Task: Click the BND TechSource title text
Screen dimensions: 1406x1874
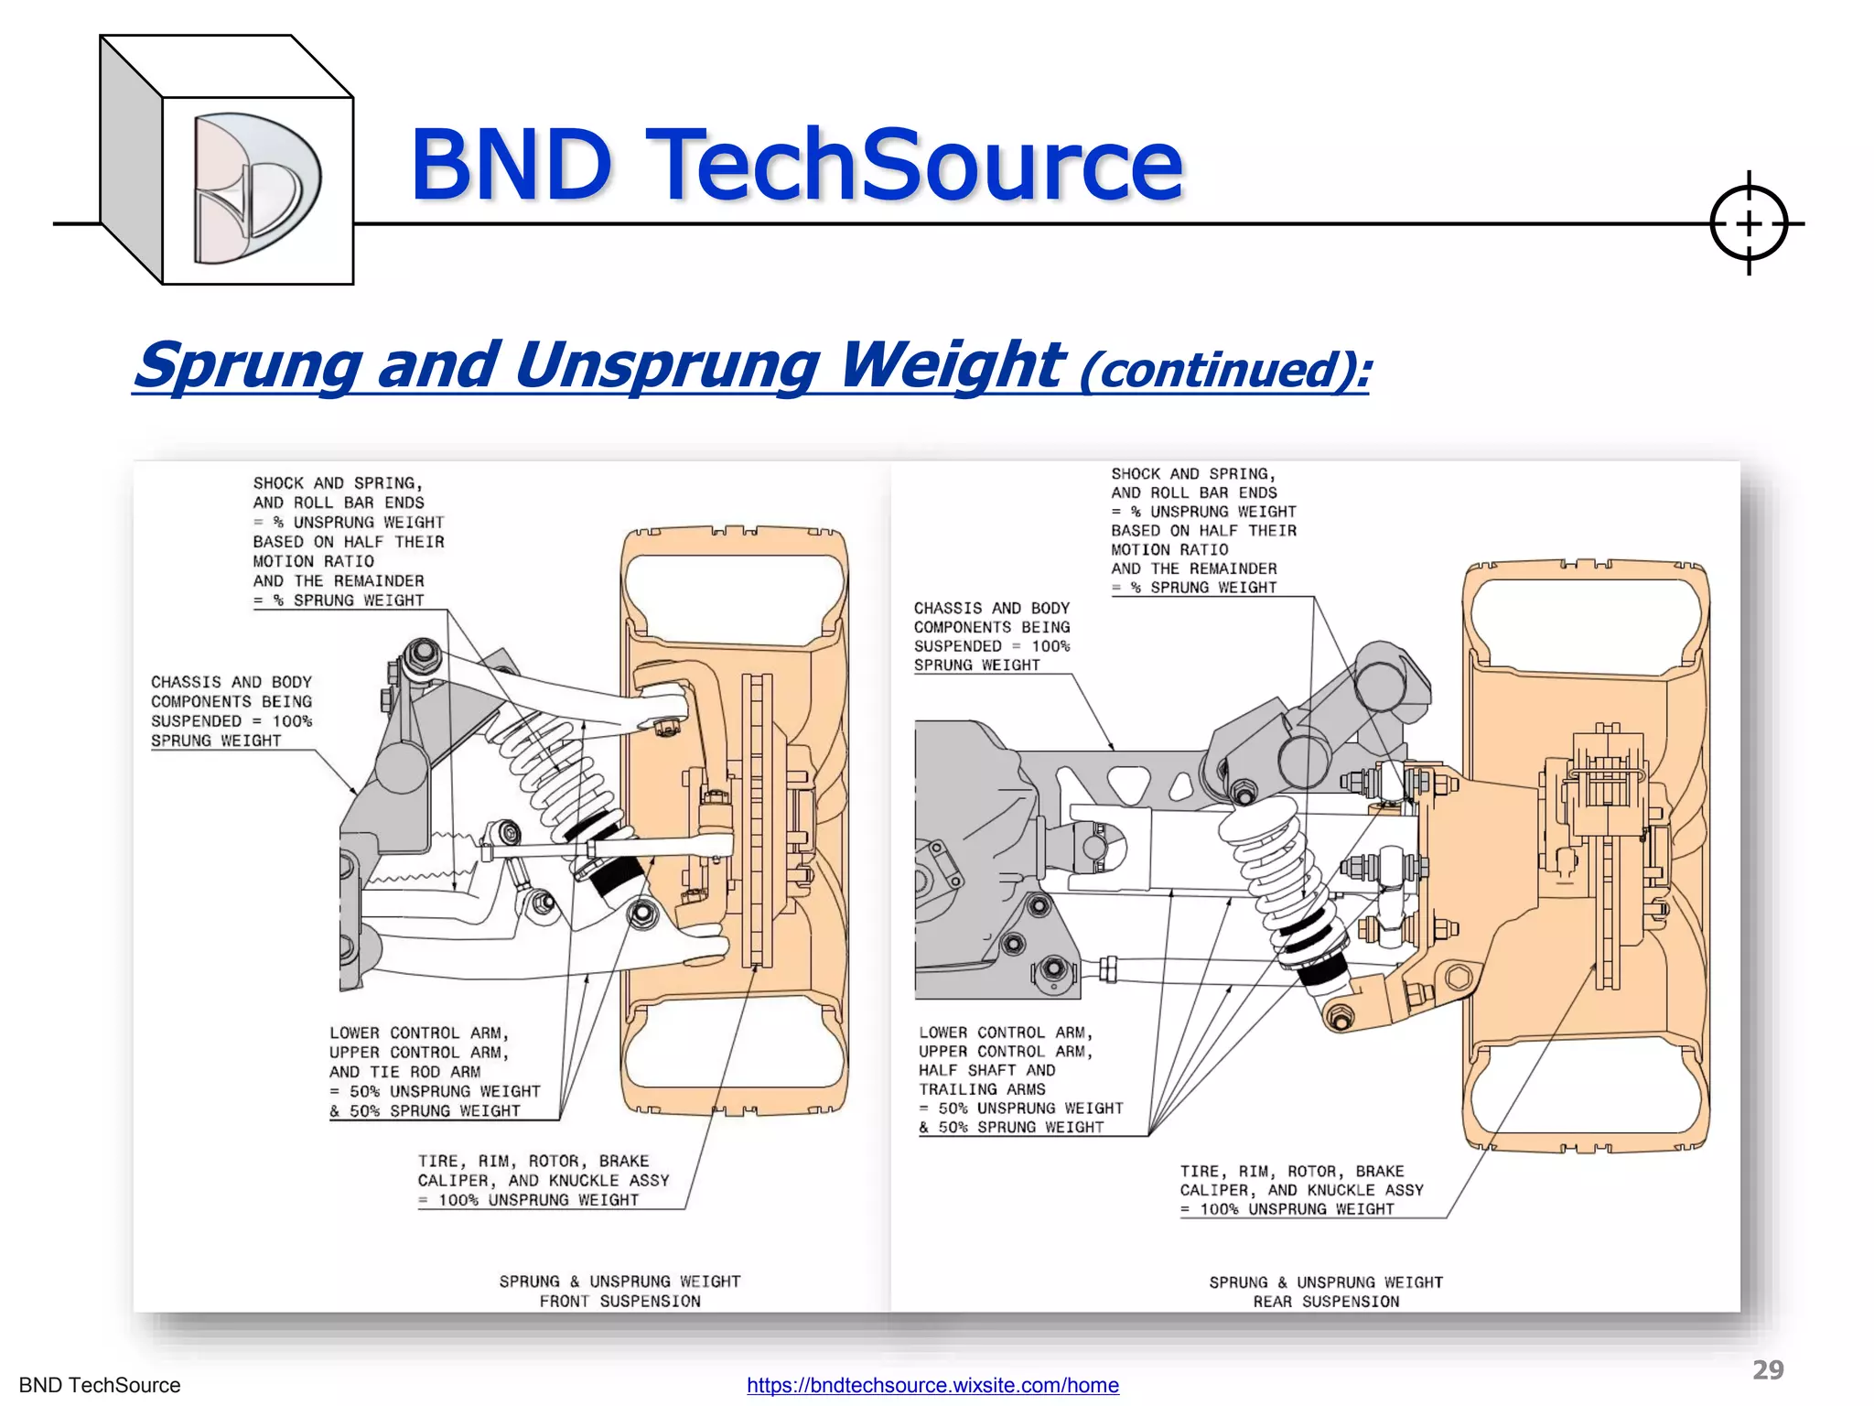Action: pyautogui.click(x=796, y=165)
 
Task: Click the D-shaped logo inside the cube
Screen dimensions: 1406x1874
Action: pyautogui.click(x=256, y=188)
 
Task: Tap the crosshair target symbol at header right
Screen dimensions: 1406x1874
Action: pyautogui.click(x=1748, y=223)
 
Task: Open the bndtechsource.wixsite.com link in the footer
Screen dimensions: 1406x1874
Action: pyautogui.click(x=932, y=1385)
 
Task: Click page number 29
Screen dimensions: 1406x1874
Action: pyautogui.click(x=1768, y=1369)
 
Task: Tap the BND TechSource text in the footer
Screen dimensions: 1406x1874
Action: pyautogui.click(x=100, y=1385)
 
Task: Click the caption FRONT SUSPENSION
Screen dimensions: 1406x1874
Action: pyautogui.click(x=619, y=1301)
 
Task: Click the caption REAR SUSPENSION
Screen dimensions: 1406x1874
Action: pyautogui.click(x=1326, y=1301)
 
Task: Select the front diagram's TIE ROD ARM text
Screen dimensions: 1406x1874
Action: pyautogui.click(x=404, y=1072)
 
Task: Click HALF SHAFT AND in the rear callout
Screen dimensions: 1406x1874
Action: pyautogui.click(x=986, y=1070)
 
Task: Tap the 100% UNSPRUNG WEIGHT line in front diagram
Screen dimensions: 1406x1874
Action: pyautogui.click(x=538, y=1200)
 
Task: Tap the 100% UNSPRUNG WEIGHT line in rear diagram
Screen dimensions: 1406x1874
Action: pyautogui.click(x=1297, y=1209)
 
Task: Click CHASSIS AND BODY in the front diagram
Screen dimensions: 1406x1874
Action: pyautogui.click(x=232, y=682)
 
